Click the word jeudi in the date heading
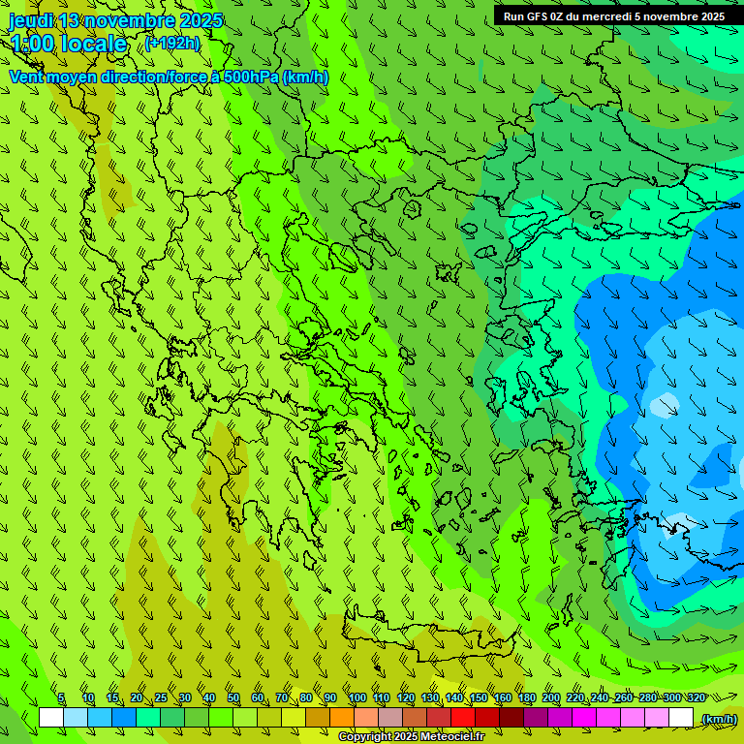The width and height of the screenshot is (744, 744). click(x=32, y=20)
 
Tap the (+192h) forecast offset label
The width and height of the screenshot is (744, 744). click(x=171, y=43)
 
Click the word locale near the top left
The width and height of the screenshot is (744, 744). click(x=93, y=44)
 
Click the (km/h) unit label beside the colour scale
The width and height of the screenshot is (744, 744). click(x=718, y=719)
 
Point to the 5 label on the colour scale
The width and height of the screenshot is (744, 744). click(x=61, y=697)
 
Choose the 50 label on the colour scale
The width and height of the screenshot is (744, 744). click(x=233, y=697)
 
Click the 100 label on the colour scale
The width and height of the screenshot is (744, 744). click(x=356, y=697)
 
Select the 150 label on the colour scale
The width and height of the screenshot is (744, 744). click(x=479, y=697)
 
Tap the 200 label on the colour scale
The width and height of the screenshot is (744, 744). click(x=551, y=697)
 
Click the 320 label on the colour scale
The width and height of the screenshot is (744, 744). click(x=697, y=697)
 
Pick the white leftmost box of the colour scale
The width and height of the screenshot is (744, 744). click(x=51, y=718)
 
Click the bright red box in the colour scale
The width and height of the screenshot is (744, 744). click(x=463, y=718)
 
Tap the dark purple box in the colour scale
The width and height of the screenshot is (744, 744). click(x=536, y=718)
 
